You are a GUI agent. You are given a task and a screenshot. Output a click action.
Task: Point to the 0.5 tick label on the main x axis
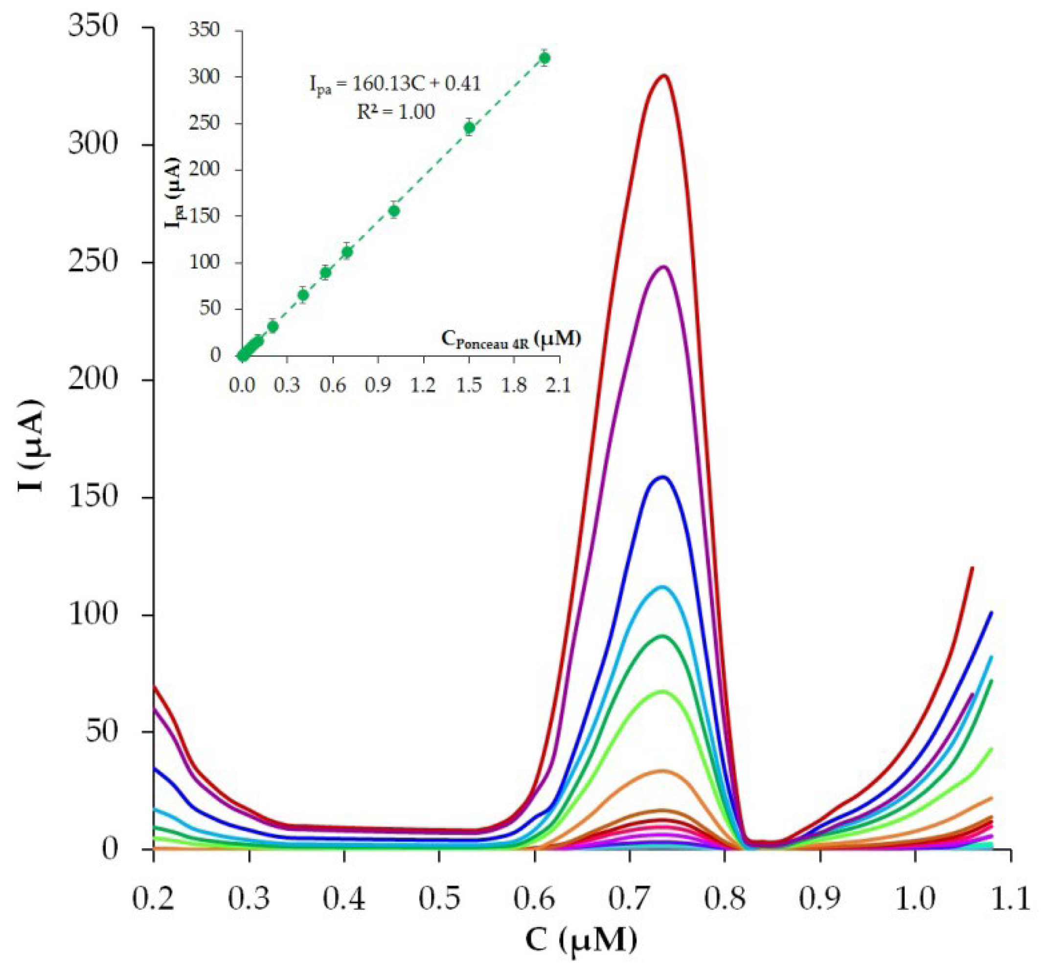pyautogui.click(x=439, y=899)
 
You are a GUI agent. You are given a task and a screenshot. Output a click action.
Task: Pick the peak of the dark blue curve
pyautogui.click(x=663, y=477)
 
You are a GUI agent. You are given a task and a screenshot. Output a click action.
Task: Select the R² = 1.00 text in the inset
pyautogui.click(x=395, y=112)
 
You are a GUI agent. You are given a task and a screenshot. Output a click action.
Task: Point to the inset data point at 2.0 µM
pyautogui.click(x=545, y=58)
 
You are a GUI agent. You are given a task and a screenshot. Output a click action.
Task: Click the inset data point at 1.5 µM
pyautogui.click(x=470, y=128)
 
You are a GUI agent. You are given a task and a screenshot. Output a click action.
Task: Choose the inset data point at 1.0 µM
pyautogui.click(x=394, y=210)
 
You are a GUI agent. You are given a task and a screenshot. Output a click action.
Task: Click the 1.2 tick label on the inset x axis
pyautogui.click(x=423, y=386)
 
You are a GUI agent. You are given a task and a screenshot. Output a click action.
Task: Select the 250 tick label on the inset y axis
pyautogui.click(x=205, y=123)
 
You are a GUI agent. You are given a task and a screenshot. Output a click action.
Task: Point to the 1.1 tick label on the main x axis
pyautogui.click(x=1010, y=899)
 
